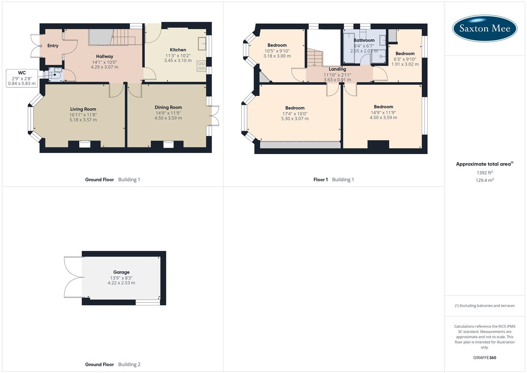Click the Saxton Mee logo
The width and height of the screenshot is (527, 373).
(x=485, y=28)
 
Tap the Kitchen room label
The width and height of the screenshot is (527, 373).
(x=178, y=50)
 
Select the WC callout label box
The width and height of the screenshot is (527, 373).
(x=22, y=78)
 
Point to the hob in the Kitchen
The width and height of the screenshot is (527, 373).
(x=201, y=66)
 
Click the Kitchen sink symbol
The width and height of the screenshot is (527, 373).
(x=202, y=44)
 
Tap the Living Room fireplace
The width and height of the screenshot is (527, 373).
(x=85, y=144)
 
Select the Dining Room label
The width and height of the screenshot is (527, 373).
(x=168, y=107)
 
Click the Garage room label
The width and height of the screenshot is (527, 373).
(x=121, y=272)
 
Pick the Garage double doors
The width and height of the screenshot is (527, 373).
(x=73, y=277)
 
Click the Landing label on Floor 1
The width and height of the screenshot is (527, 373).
(x=337, y=69)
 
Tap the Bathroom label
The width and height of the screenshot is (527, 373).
(x=364, y=40)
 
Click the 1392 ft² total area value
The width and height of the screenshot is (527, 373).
(x=485, y=173)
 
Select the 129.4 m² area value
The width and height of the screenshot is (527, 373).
(x=485, y=180)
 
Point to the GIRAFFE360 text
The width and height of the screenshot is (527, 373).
(x=485, y=357)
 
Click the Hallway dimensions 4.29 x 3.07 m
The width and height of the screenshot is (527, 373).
(x=105, y=67)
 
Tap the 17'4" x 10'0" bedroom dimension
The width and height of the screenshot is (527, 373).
(x=295, y=114)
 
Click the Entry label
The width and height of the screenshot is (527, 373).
(x=53, y=46)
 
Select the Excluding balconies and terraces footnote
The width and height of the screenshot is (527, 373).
(x=485, y=306)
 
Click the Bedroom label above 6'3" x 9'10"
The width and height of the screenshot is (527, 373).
(x=405, y=54)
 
